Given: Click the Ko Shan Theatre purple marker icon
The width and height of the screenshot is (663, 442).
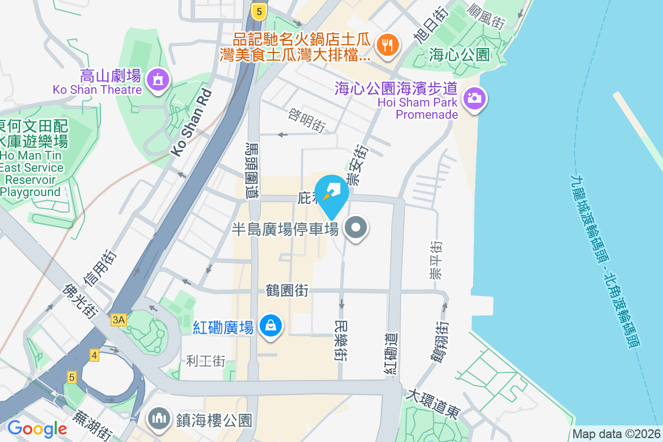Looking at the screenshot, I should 159,80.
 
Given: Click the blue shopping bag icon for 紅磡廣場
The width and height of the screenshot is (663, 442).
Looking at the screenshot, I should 271,325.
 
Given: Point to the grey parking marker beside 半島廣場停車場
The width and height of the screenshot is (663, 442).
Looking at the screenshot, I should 356,228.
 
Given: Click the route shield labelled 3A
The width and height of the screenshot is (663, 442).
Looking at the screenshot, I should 119,319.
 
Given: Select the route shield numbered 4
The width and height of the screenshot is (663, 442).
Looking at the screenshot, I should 94,355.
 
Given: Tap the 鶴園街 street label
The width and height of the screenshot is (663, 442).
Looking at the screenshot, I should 287,291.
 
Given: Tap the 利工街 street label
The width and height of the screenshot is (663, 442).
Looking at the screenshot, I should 206,361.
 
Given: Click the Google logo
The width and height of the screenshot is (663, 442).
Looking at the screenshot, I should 37,428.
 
